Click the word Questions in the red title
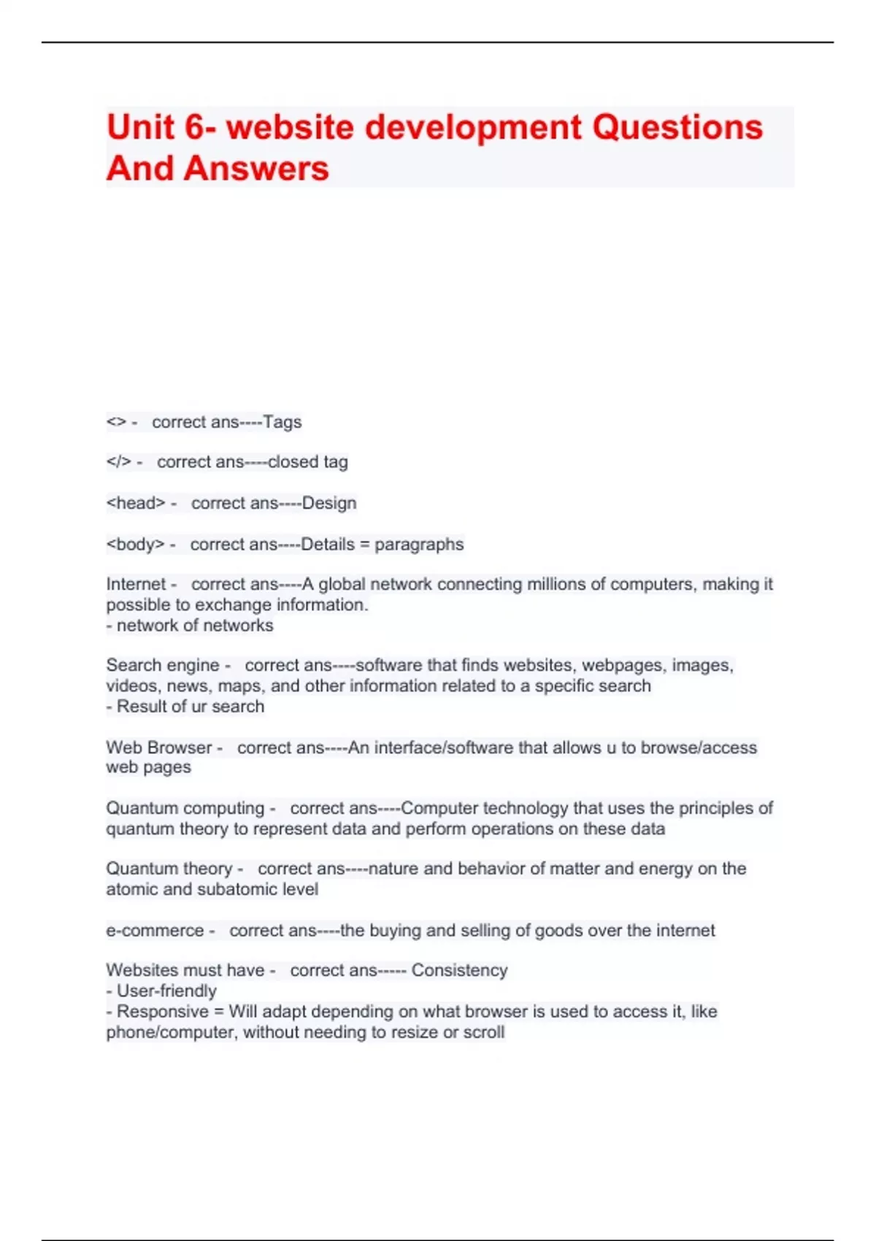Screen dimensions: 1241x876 click(x=677, y=127)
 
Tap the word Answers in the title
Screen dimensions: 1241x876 click(x=256, y=169)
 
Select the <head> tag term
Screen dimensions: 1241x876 click(x=136, y=503)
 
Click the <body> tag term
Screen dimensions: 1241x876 click(x=136, y=545)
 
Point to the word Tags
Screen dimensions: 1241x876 click(x=283, y=422)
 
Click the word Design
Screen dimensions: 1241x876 click(x=329, y=503)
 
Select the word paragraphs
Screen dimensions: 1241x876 click(x=419, y=545)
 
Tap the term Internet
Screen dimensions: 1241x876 click(x=136, y=584)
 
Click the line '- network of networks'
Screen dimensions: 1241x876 click(x=190, y=626)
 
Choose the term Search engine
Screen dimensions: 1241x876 click(x=162, y=665)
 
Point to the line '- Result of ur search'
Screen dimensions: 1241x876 click(x=185, y=707)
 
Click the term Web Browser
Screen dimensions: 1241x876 click(x=158, y=748)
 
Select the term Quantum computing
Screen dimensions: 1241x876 click(x=185, y=808)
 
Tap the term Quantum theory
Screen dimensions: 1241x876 click(x=169, y=869)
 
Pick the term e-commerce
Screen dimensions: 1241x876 click(x=155, y=931)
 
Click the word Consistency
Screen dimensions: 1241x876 click(x=459, y=970)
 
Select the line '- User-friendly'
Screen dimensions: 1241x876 click(x=161, y=991)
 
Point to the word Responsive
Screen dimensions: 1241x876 click(x=162, y=1012)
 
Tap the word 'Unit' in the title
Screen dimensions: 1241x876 click(x=142, y=127)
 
